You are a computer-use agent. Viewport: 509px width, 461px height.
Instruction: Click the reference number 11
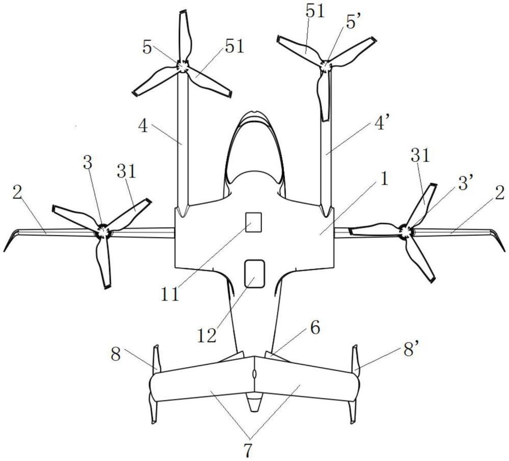click(x=171, y=295)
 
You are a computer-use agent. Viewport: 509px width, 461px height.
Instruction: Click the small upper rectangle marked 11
click(x=253, y=222)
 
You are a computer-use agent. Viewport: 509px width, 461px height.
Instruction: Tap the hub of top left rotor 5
click(x=182, y=67)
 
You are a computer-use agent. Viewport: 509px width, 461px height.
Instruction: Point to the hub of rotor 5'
click(x=324, y=66)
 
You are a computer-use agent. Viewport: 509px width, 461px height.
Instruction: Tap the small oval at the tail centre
click(x=253, y=374)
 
